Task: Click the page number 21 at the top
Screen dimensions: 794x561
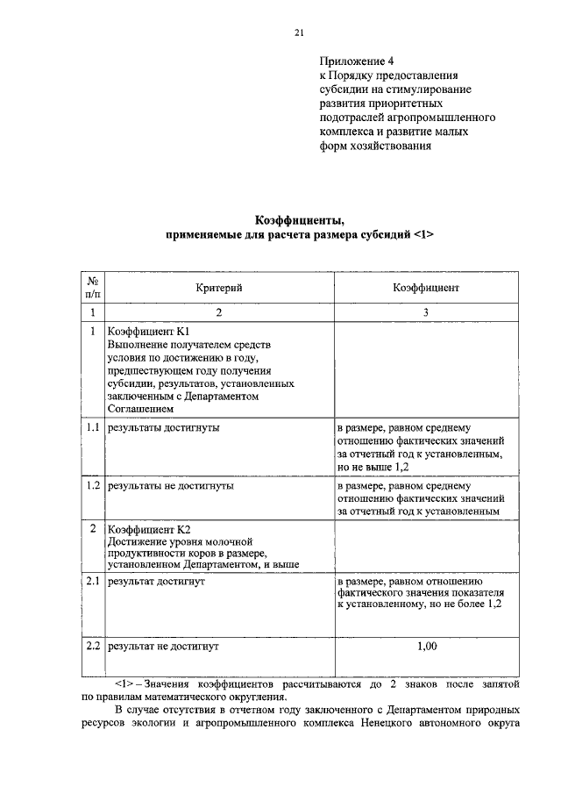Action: coord(298,33)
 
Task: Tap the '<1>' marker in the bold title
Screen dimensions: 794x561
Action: coord(423,236)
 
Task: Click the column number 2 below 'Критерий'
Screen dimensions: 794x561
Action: coord(218,312)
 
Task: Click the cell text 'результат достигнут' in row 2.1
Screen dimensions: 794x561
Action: coord(155,581)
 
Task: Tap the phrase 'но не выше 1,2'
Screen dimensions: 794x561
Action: coord(373,468)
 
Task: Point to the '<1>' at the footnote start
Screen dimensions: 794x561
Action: coord(124,681)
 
